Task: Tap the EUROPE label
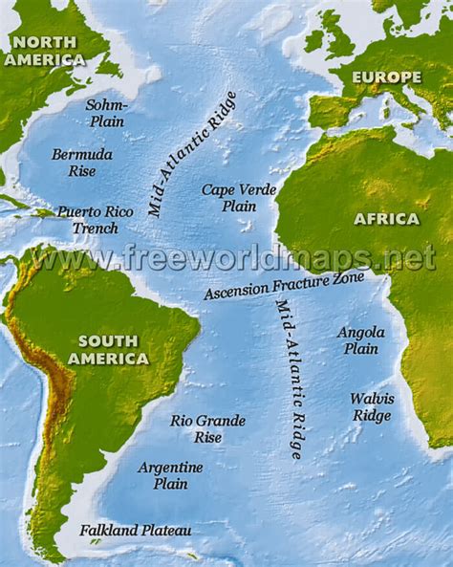(386, 76)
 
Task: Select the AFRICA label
(386, 219)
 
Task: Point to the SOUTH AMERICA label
(114, 350)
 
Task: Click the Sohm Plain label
(105, 113)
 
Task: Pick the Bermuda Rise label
(81, 163)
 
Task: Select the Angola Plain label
(361, 340)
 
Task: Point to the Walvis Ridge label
(371, 406)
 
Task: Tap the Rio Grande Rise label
(207, 428)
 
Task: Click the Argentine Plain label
(170, 475)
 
